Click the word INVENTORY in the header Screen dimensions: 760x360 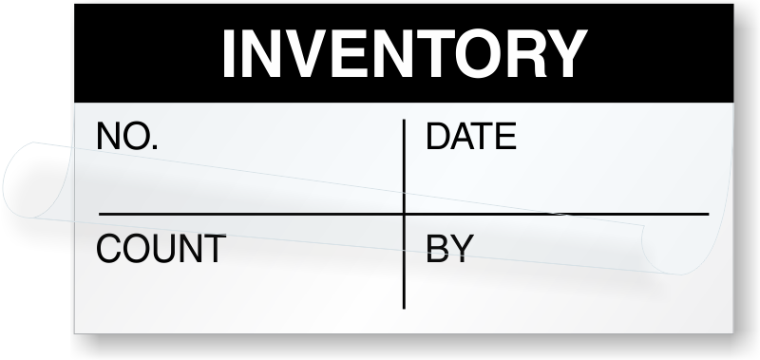[404, 54]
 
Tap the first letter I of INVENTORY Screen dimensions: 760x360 [229, 54]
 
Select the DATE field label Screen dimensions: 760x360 [470, 138]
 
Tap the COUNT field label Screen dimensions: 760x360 [161, 249]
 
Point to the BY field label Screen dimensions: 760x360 [448, 249]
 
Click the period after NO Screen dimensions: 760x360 [154, 148]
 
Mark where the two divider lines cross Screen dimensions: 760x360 [405, 214]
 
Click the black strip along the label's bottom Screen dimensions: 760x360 [404, 347]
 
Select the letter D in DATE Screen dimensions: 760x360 [437, 138]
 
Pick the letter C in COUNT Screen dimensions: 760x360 [108, 249]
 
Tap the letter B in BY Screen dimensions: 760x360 [437, 249]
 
